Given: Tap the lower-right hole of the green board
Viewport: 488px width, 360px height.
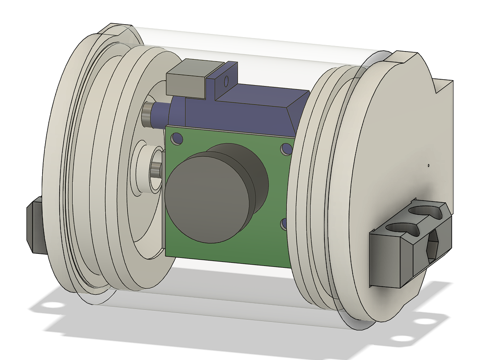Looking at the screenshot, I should (x=284, y=223).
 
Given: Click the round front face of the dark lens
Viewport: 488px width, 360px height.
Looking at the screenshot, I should (x=206, y=197).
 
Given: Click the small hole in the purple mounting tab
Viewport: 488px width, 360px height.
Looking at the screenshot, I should (x=226, y=81).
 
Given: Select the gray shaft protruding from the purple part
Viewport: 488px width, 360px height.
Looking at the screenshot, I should (x=147, y=115).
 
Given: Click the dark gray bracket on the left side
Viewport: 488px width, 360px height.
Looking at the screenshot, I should (x=35, y=225).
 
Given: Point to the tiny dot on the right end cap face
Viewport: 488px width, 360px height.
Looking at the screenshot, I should (x=428, y=166).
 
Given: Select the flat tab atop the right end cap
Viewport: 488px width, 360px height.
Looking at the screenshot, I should (x=406, y=58).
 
